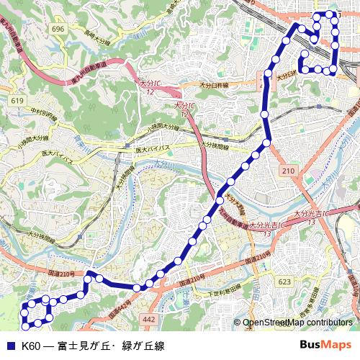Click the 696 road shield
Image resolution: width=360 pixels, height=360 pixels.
(x=58, y=29)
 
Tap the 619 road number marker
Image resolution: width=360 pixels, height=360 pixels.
(x=17, y=102)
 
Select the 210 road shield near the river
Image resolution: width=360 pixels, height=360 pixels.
(x=289, y=170)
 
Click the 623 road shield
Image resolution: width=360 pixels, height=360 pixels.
(x=284, y=282)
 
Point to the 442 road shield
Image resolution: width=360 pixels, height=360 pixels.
(x=149, y=318)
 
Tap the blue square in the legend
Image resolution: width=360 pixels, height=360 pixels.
(x=10, y=346)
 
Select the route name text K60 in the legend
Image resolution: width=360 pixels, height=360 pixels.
(x=31, y=346)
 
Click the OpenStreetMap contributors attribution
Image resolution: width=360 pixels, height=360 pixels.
(x=297, y=323)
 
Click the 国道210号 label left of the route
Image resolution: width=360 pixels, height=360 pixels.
(x=62, y=274)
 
